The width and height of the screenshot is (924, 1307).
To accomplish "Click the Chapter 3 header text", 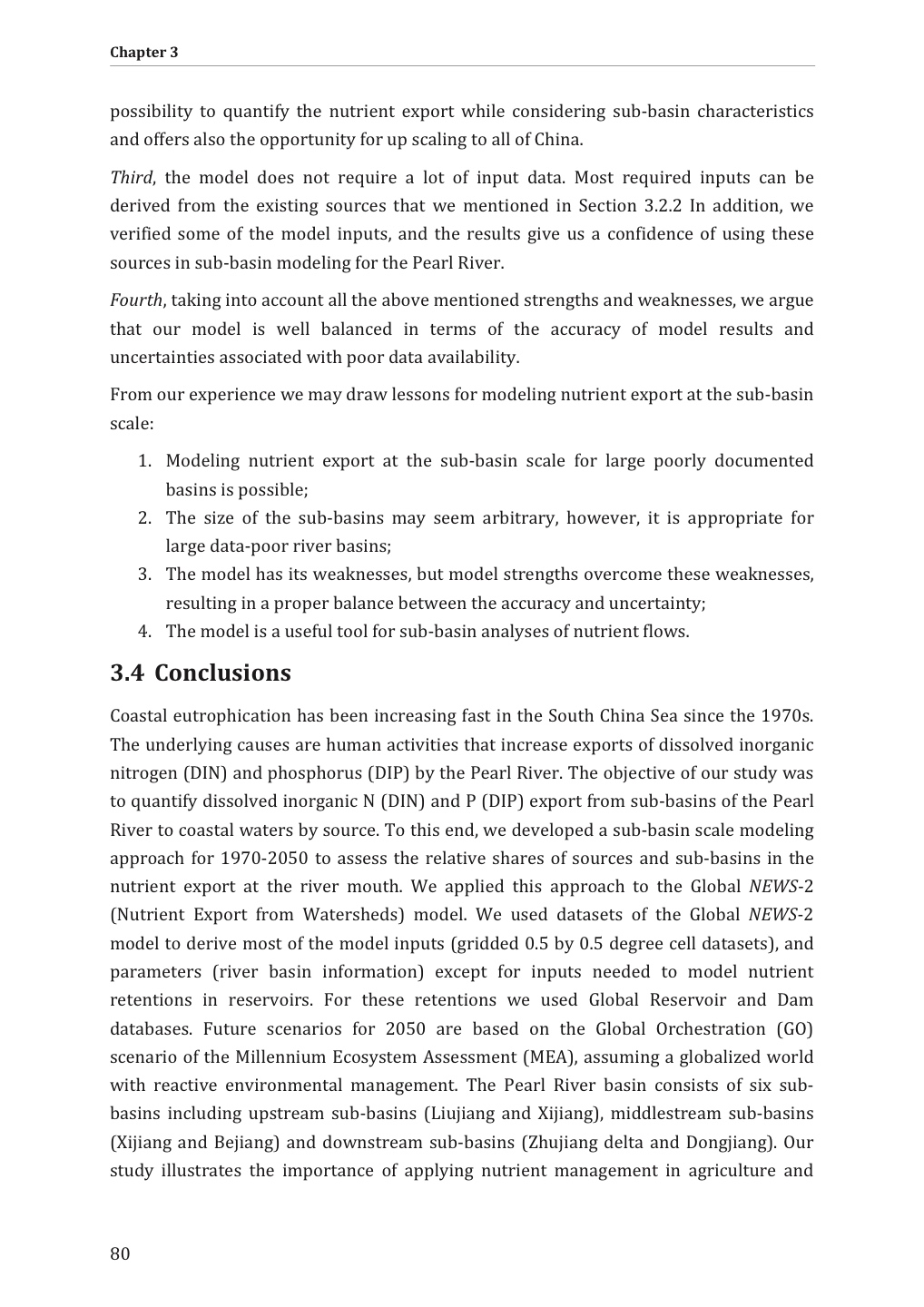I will click(143, 53).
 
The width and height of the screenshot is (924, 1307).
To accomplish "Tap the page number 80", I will click(120, 1254).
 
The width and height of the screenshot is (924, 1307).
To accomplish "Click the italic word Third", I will click(131, 178).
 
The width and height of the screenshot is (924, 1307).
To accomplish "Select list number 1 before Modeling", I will click(143, 462).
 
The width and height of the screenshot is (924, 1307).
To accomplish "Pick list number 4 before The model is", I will click(143, 632).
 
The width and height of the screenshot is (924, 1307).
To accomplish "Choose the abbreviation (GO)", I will click(794, 1029).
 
